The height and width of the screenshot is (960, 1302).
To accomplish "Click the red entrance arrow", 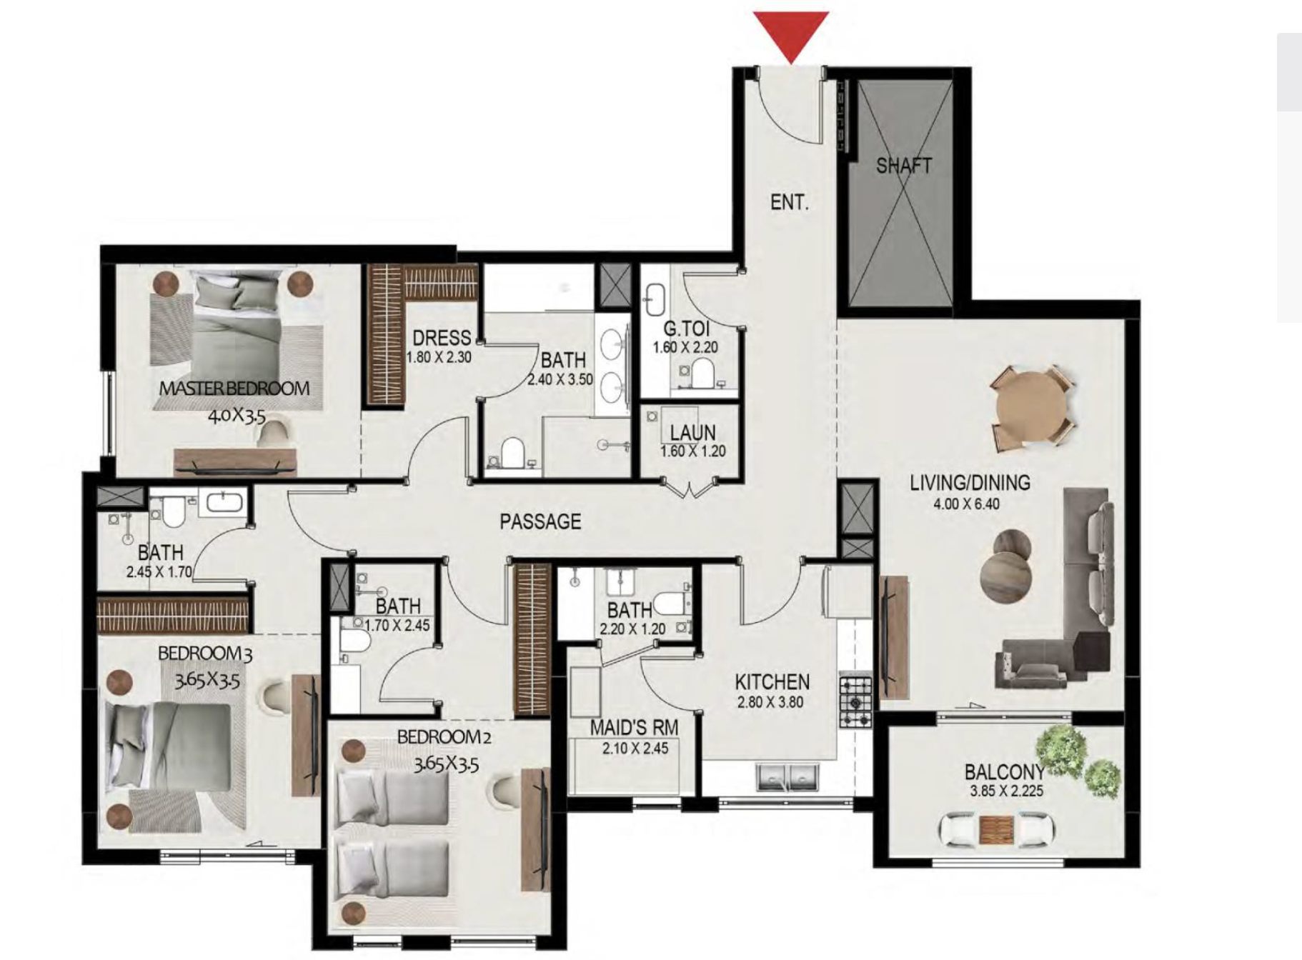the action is [x=792, y=36].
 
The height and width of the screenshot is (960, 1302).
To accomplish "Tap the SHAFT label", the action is [x=903, y=166].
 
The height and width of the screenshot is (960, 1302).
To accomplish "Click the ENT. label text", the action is [x=790, y=203].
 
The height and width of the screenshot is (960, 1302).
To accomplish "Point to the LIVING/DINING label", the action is [x=970, y=483].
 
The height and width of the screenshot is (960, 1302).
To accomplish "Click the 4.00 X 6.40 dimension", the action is [x=966, y=504].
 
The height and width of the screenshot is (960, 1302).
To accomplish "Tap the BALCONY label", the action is [x=1004, y=772].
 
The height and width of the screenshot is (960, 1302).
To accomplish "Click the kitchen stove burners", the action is [x=855, y=699].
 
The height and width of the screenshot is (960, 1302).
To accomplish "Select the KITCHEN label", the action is [x=772, y=682].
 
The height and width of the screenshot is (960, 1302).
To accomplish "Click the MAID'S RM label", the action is [x=634, y=729].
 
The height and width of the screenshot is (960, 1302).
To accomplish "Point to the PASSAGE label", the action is [x=540, y=522].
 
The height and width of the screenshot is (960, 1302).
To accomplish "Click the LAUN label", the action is [x=693, y=433].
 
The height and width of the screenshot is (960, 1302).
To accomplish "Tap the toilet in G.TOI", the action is [x=701, y=373].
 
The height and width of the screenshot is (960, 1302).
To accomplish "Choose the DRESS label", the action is [x=442, y=339].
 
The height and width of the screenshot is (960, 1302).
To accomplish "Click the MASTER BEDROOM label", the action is [x=234, y=389].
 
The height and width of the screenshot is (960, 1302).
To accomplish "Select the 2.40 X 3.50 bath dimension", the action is [x=560, y=380].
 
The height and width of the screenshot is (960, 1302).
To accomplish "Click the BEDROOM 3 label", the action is [x=205, y=654].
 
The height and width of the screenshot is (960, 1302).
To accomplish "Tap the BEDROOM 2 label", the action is [x=444, y=736].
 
